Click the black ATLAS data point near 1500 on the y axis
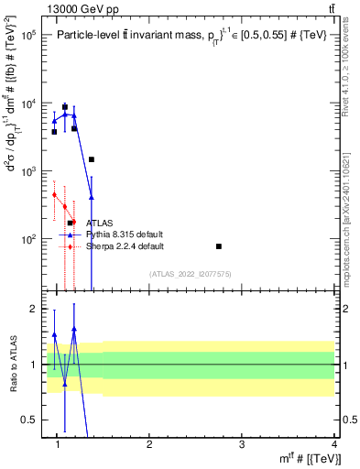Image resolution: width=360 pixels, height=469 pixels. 92,159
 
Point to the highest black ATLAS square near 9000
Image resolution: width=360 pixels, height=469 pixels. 64,106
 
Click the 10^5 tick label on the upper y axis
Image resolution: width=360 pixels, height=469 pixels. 27,36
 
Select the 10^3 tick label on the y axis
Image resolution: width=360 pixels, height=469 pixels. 27,171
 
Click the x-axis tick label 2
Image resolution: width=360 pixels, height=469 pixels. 149,443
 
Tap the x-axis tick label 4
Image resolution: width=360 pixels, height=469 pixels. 333,443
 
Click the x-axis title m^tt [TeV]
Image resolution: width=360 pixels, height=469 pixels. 311,459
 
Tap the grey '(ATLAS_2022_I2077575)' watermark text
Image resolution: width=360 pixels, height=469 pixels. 191,274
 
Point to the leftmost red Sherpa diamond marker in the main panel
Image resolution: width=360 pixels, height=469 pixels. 55,194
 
